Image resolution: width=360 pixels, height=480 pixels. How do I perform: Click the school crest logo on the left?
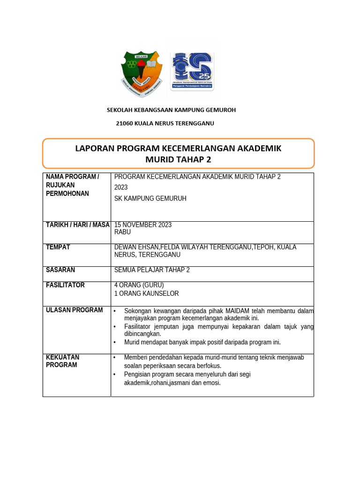142,73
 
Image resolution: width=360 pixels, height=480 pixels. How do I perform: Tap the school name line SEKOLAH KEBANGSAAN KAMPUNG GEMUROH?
171,110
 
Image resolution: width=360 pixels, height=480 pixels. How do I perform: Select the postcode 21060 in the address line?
124,123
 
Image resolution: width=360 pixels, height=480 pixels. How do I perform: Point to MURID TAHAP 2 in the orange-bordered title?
178,160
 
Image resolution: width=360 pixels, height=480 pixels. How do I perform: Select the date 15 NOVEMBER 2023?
143,225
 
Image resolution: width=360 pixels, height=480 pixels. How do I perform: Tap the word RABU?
123,232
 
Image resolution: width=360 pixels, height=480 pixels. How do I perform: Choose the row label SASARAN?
60,270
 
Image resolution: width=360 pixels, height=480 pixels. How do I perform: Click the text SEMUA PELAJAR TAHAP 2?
152,270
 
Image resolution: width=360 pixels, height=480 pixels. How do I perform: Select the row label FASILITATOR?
65,285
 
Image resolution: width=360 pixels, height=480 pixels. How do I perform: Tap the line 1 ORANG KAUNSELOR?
146,293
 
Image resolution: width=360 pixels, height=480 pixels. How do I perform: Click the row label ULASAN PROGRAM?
74,310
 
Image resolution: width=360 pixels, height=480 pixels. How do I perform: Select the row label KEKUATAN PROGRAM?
62,361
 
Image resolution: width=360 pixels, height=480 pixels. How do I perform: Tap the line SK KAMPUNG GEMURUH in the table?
150,199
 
